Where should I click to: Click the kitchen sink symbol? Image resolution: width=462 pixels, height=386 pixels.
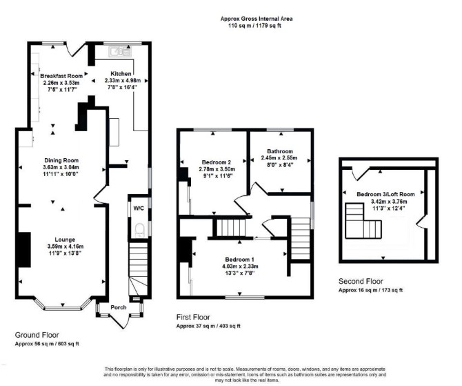point(120,52)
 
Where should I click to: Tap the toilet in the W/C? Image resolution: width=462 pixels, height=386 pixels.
point(139,230)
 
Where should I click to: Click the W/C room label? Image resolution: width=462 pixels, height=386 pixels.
point(139,209)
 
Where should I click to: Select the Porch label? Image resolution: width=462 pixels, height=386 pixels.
point(119,307)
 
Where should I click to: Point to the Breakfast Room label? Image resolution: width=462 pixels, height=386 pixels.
point(61,76)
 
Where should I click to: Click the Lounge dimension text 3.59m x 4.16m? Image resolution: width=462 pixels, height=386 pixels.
point(66,247)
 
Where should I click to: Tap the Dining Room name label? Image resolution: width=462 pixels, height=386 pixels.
point(61,160)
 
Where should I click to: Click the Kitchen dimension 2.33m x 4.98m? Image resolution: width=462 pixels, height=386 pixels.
point(123,81)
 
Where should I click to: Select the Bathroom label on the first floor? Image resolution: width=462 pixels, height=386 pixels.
point(280,151)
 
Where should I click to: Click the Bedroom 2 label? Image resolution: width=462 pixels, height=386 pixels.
point(217,162)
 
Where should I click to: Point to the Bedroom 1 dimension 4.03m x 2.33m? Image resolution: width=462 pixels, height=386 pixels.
point(240,267)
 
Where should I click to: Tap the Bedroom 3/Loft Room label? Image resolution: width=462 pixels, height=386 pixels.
point(385,195)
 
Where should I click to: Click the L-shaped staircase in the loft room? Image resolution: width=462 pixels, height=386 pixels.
point(363,221)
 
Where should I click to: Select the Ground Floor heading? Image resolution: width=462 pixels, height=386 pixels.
point(37,335)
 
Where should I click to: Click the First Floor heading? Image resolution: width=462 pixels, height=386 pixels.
point(193,317)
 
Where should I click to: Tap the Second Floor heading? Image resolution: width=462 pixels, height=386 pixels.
point(361,281)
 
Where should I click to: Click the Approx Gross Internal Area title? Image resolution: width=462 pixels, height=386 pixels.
point(257,19)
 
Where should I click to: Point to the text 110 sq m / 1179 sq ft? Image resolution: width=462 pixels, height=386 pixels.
point(254,26)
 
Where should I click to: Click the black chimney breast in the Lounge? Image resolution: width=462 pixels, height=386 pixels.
point(24,250)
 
